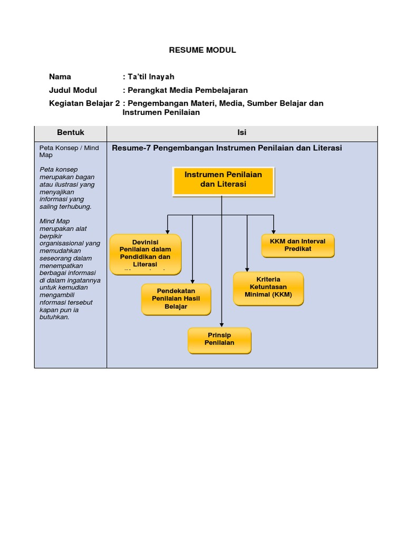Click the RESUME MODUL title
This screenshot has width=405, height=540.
point(202,50)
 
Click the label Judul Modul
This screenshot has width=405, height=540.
point(73,90)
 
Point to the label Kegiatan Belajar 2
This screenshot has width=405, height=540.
point(84,103)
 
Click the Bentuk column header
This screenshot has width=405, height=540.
point(71,132)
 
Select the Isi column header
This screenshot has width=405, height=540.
point(242,132)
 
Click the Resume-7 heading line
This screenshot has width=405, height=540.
point(227,148)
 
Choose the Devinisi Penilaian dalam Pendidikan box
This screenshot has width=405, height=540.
point(145,254)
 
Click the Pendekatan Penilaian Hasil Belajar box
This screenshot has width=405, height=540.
point(176,299)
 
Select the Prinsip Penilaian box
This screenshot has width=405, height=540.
point(219,340)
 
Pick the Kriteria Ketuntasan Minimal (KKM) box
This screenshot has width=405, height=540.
point(268,287)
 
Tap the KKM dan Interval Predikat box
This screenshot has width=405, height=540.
point(297,245)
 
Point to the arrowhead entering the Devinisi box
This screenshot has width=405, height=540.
point(168,231)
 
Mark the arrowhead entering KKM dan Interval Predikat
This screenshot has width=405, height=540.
point(274,231)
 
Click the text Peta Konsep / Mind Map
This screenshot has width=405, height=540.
point(69,152)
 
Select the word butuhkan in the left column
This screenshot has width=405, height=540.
point(55,317)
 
